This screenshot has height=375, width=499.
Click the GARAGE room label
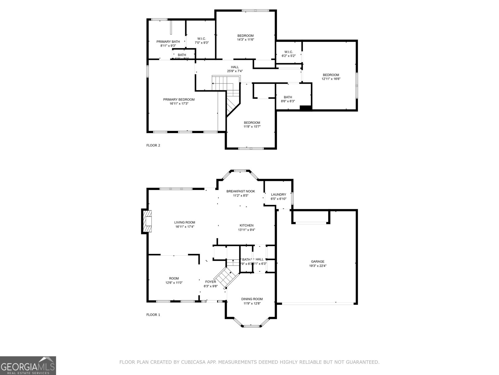click(x=317, y=262)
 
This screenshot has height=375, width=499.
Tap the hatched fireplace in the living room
click(x=147, y=222)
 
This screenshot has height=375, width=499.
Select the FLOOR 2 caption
click(x=153, y=145)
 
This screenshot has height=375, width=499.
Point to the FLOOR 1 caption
click(x=153, y=315)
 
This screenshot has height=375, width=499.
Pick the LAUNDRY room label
click(x=278, y=194)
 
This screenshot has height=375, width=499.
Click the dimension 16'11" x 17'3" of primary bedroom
click(x=179, y=103)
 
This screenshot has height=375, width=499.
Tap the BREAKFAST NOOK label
click(x=240, y=191)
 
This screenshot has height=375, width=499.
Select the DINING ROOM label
click(x=252, y=299)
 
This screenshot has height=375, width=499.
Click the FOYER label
click(x=211, y=282)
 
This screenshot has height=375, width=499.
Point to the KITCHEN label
click(x=246, y=225)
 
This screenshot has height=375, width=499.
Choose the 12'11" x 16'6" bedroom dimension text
click(x=331, y=79)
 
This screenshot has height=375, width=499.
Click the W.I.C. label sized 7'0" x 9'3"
click(x=201, y=39)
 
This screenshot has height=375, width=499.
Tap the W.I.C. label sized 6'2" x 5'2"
click(x=288, y=52)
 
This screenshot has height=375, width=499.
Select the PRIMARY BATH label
click(x=168, y=42)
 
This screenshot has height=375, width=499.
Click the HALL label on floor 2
click(x=235, y=67)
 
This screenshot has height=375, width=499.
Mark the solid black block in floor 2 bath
click(x=306, y=108)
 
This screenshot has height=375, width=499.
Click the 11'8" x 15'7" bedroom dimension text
click(x=252, y=127)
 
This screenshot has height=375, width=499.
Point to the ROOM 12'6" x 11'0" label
click(x=174, y=278)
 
